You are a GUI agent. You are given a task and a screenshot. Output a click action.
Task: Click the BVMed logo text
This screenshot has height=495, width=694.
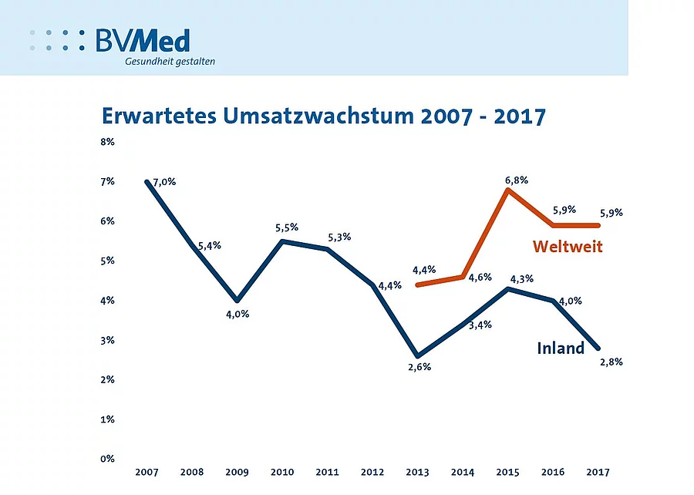[143, 40]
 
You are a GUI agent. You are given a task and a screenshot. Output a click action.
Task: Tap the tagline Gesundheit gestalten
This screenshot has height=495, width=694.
[170, 62]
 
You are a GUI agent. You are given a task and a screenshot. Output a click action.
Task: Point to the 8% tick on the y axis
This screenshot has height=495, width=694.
[106, 142]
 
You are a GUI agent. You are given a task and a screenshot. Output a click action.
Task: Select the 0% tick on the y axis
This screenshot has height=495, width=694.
[106, 459]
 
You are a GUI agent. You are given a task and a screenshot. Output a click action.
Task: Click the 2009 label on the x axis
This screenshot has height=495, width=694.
[237, 471]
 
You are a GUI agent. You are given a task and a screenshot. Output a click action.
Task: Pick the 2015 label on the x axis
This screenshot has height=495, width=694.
[508, 471]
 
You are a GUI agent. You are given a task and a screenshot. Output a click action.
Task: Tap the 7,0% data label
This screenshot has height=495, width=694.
[164, 182]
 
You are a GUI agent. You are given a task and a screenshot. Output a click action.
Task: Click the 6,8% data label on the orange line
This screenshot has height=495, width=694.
[517, 180]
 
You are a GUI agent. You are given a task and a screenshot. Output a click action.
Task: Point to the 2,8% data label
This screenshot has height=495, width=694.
[611, 362]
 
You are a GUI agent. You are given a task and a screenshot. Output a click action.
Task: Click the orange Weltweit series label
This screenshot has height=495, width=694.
[567, 247]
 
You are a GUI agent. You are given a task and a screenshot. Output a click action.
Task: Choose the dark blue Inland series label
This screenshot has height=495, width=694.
[561, 349]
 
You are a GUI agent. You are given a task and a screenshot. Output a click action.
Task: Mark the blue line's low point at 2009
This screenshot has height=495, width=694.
[237, 301]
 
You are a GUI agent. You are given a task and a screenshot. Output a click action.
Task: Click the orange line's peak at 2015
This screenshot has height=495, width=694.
[508, 189]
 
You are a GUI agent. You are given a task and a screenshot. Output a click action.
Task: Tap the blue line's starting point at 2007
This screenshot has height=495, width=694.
[147, 182]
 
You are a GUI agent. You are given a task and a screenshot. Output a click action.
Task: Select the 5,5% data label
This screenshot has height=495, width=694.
[286, 227]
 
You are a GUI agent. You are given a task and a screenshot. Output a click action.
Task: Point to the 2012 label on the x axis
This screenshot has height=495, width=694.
[372, 471]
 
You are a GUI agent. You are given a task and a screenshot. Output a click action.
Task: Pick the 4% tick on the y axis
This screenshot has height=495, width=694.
[106, 301]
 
